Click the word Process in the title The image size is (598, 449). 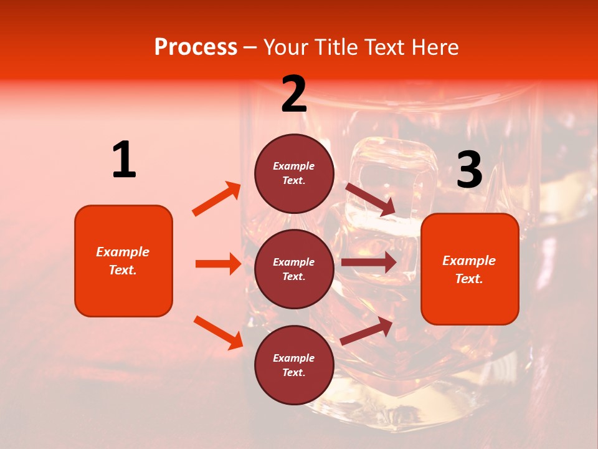196,47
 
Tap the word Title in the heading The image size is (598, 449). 335,47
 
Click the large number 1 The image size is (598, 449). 124,160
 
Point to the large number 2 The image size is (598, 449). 294,95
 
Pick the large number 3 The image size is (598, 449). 469,170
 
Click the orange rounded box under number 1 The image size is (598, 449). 123,261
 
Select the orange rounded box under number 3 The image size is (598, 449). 470,269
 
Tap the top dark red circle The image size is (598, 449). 294,173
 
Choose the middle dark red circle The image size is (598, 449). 294,269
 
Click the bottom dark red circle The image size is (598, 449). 294,365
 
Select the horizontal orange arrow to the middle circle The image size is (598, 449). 218,264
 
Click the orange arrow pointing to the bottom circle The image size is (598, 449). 218,332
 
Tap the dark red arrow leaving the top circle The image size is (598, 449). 370,200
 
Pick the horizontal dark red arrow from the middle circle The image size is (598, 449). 369,263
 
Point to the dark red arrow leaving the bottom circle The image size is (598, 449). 367,331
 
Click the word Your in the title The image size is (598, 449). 285,47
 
